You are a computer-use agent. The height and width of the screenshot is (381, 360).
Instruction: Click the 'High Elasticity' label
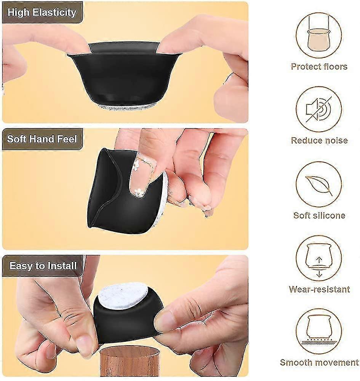pos(42,13)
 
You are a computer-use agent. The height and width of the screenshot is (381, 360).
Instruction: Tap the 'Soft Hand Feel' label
pos(42,139)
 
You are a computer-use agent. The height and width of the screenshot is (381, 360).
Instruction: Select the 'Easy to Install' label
pos(43,266)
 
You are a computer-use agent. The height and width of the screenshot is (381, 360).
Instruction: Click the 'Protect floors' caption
pos(319,66)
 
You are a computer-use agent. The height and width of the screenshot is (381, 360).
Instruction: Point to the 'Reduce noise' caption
pos(319,140)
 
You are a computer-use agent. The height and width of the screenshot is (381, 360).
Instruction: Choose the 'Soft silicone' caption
pos(319,215)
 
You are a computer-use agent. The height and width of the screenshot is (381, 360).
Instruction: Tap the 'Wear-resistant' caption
pos(319,289)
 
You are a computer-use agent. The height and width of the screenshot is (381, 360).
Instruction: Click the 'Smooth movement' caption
pos(319,362)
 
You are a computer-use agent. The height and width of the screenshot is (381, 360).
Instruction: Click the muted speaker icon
pos(319,109)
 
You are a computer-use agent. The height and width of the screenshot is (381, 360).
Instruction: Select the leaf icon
pos(319,185)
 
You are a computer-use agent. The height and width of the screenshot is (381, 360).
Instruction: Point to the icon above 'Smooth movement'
pos(319,332)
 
